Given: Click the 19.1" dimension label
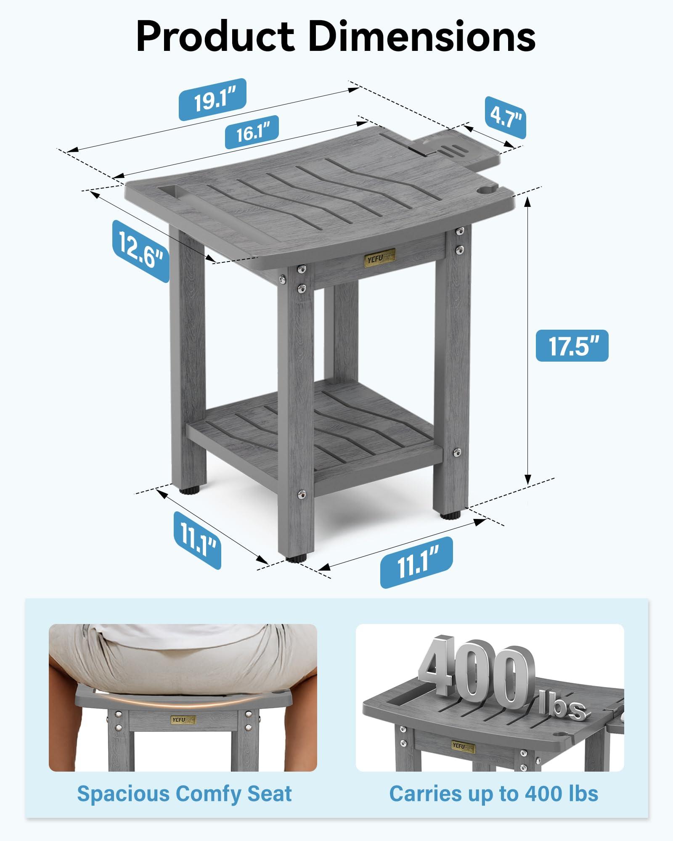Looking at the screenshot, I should tap(212, 100).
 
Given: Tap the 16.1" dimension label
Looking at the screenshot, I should tap(252, 132).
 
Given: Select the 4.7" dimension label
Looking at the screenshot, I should tap(505, 117).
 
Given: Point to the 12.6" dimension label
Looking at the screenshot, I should tap(141, 251).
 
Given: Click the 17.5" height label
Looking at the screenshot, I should tap(572, 346).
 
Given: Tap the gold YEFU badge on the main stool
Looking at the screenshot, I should tap(379, 257).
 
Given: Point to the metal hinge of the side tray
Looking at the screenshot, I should tap(421, 148).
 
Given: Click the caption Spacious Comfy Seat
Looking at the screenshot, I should tap(184, 794).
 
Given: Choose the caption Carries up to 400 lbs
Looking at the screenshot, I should tap(493, 794).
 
